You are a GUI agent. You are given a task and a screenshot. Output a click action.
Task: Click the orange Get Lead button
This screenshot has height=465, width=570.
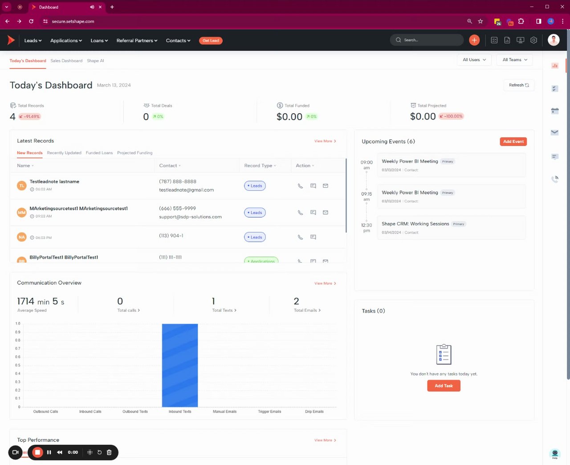click(211, 41)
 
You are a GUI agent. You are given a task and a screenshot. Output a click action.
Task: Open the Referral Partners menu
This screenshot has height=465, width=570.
click(137, 41)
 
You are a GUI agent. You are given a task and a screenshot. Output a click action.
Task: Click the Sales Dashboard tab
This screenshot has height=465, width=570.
click(66, 61)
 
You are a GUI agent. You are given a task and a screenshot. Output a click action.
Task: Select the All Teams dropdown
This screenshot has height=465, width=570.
click(514, 60)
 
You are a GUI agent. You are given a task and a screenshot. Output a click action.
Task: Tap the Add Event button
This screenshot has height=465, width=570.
click(513, 141)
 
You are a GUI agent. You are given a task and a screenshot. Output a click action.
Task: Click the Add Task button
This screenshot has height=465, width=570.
click(444, 386)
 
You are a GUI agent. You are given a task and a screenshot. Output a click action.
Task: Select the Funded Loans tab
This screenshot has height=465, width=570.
click(99, 153)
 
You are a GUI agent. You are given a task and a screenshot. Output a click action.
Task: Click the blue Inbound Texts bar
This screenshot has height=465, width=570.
click(180, 365)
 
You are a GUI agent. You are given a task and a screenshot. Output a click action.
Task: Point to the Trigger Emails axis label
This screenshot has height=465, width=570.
click(269, 412)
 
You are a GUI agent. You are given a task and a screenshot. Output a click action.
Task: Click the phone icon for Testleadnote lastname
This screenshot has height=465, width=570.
click(300, 186)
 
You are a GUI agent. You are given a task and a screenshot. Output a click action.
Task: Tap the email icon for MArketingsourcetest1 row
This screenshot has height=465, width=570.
click(326, 213)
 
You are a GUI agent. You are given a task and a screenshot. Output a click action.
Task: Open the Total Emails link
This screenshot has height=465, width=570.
click(307, 310)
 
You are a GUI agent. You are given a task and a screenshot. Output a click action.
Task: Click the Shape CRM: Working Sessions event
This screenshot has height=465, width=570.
click(415, 224)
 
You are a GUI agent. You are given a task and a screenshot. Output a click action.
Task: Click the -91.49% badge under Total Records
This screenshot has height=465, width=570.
click(30, 116)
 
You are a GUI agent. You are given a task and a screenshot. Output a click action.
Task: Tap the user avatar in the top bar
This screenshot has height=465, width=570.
click(554, 40)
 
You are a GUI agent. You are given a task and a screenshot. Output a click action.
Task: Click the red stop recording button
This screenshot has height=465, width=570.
click(38, 452)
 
